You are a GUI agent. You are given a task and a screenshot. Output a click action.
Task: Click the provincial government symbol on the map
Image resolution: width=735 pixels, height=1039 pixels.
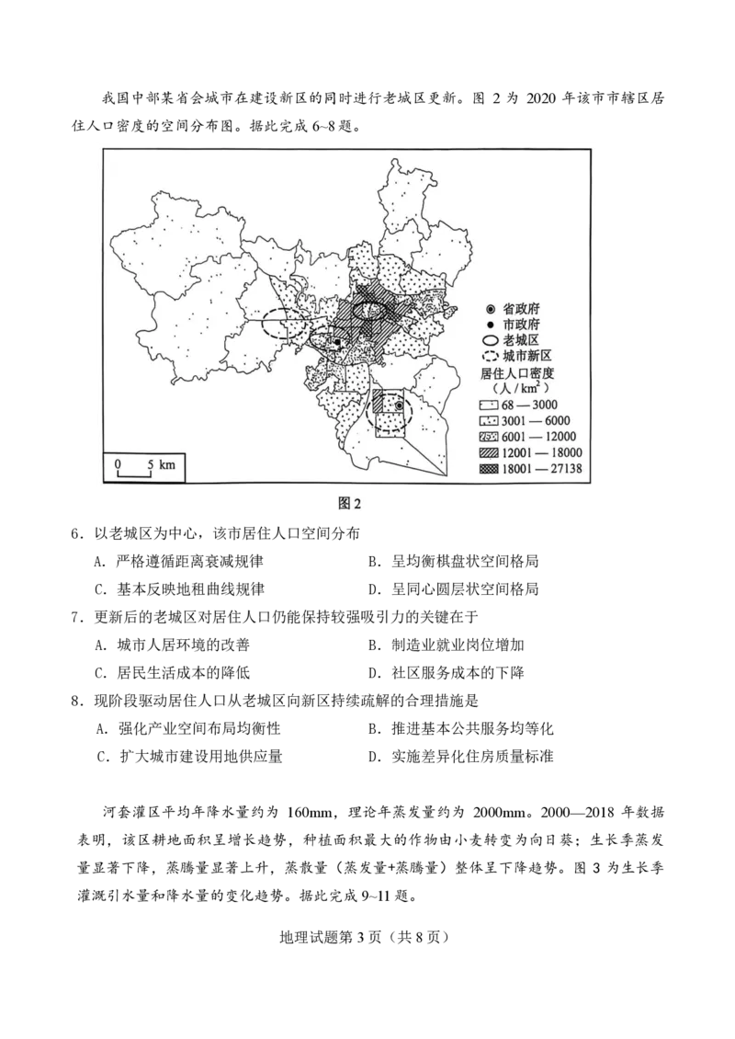(x=399, y=405)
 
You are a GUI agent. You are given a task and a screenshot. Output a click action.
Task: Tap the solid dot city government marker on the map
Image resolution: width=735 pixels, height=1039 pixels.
(x=338, y=343)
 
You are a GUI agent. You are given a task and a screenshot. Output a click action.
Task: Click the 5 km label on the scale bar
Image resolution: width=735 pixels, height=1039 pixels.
(x=160, y=464)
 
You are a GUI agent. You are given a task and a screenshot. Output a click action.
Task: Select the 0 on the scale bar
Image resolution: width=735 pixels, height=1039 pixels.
(x=118, y=464)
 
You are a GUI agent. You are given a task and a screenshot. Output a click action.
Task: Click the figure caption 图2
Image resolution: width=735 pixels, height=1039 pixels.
(x=351, y=503)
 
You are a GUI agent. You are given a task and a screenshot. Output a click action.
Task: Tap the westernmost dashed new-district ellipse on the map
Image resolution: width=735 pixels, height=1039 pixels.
(x=285, y=325)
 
